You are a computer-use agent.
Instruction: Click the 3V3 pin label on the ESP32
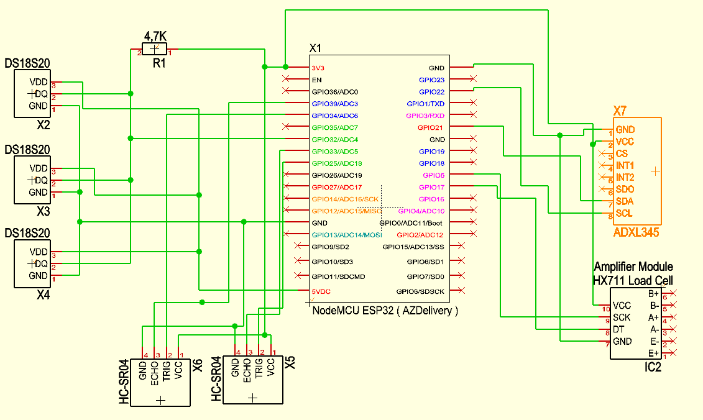318,68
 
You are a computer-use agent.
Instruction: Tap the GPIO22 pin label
431,92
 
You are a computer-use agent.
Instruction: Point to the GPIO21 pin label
431,127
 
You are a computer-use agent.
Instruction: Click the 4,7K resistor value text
155,36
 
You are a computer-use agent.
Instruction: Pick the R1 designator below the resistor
160,63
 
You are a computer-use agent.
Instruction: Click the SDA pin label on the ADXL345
624,201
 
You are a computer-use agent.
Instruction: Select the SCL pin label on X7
624,213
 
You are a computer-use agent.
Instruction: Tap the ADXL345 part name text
636,233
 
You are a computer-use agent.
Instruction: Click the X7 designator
620,111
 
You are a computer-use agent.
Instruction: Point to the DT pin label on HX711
618,329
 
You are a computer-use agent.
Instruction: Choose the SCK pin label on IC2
622,317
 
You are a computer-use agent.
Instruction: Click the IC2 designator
653,368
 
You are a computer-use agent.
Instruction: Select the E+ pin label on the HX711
653,353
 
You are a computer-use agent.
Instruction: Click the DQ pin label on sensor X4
41,264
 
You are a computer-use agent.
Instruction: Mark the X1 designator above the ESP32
316,48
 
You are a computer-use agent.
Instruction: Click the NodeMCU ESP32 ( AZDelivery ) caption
385,311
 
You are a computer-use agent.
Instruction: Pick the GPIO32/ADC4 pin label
334,139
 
